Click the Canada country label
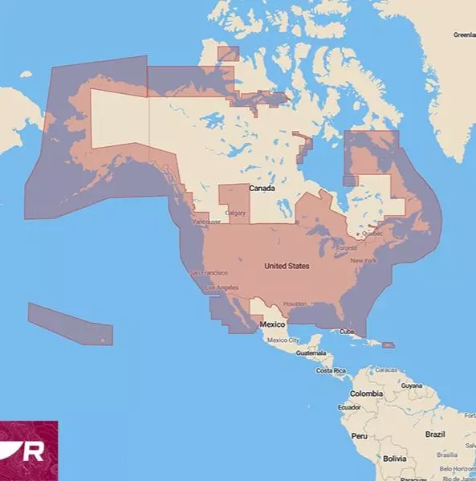pyautogui.click(x=262, y=188)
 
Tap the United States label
pyautogui.click(x=287, y=266)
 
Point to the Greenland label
pyautogui.click(x=464, y=35)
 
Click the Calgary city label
pyautogui.click(x=236, y=213)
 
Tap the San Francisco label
pyautogui.click(x=207, y=273)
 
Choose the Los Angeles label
pyautogui.click(x=222, y=287)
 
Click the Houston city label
pyautogui.click(x=295, y=304)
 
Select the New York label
pyautogui.click(x=364, y=261)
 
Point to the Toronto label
pyautogui.click(x=345, y=248)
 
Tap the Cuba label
pyautogui.click(x=345, y=332)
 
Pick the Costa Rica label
pyautogui.click(x=331, y=371)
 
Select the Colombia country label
pyautogui.click(x=366, y=393)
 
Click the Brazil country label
pyautogui.click(x=435, y=434)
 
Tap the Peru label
pyautogui.click(x=359, y=436)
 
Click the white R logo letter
pyautogui.click(x=34, y=451)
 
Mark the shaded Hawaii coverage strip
pyautogui.click(x=70, y=323)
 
